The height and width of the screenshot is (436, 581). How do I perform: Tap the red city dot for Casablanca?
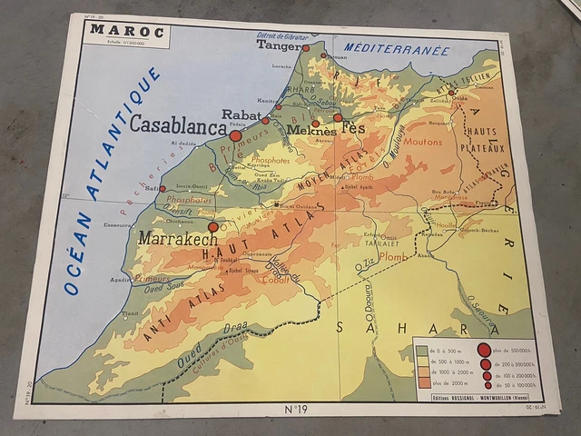(x=235, y=135)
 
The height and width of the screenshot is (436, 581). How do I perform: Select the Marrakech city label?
(x=178, y=239)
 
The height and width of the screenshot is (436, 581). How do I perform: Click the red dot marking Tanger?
(x=306, y=48)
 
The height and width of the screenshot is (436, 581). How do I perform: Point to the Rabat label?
(x=241, y=114)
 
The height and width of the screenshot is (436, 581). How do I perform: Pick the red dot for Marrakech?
(x=213, y=227)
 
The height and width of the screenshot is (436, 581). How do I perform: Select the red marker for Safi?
(x=162, y=189)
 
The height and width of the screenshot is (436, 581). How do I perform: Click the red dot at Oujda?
(x=451, y=92)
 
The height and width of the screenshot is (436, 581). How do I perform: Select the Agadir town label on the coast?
(x=120, y=280)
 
